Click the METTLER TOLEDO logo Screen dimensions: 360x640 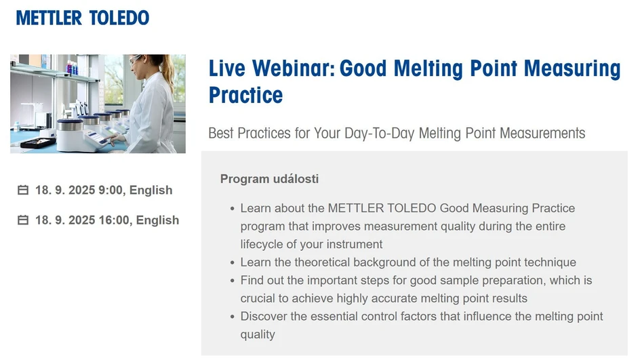tap(82, 18)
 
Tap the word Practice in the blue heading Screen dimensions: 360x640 tap(245, 95)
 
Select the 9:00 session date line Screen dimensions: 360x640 tap(104, 190)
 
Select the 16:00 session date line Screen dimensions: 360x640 tap(107, 220)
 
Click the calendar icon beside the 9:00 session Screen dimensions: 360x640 tap(23, 191)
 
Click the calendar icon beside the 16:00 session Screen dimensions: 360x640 tap(23, 220)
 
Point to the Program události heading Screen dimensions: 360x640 tap(269, 179)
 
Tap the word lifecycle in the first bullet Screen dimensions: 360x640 tap(263, 244)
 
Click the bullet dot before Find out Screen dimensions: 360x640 tap(233, 281)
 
